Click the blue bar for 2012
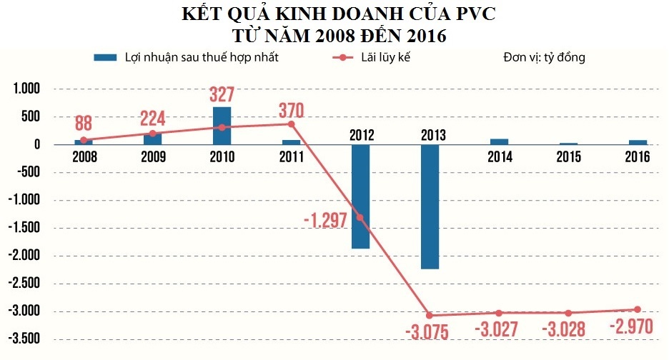tap(360, 196)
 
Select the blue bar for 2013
tap(430, 206)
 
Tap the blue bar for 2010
tap(222, 126)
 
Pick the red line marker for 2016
tap(637, 309)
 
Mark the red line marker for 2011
tap(291, 124)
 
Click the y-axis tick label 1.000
tap(26, 89)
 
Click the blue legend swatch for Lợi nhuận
tap(106, 58)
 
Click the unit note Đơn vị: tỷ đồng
tap(543, 58)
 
